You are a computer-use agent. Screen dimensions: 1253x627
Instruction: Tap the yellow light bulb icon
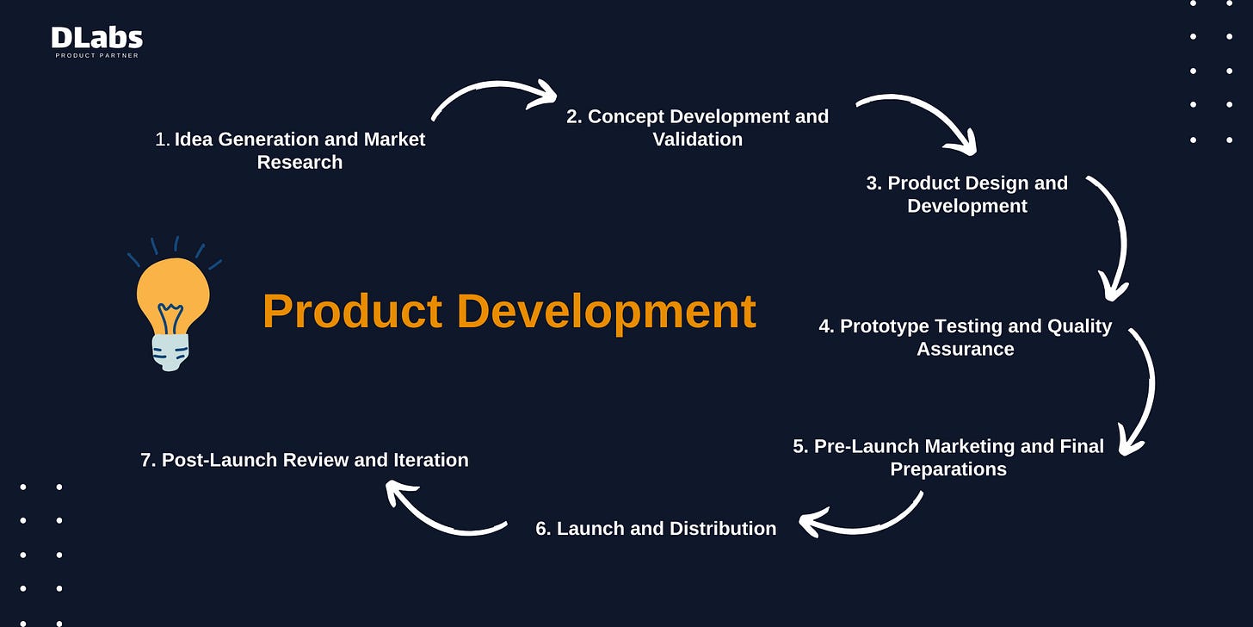(173, 297)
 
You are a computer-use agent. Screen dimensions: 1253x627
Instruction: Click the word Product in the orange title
(352, 311)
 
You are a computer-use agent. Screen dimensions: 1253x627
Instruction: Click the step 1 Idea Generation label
(290, 151)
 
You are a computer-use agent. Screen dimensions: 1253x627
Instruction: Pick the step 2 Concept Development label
(697, 127)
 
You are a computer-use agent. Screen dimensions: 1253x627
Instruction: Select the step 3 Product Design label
(966, 194)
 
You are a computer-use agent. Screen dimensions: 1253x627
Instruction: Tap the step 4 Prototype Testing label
(965, 337)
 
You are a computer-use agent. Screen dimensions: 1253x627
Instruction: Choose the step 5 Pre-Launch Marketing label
(948, 457)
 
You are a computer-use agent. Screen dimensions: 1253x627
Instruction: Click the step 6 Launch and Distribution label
(656, 528)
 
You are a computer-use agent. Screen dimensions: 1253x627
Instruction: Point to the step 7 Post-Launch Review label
(304, 460)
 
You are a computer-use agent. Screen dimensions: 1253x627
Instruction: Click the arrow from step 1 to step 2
(493, 92)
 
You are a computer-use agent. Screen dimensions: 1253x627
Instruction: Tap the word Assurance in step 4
(965, 349)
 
